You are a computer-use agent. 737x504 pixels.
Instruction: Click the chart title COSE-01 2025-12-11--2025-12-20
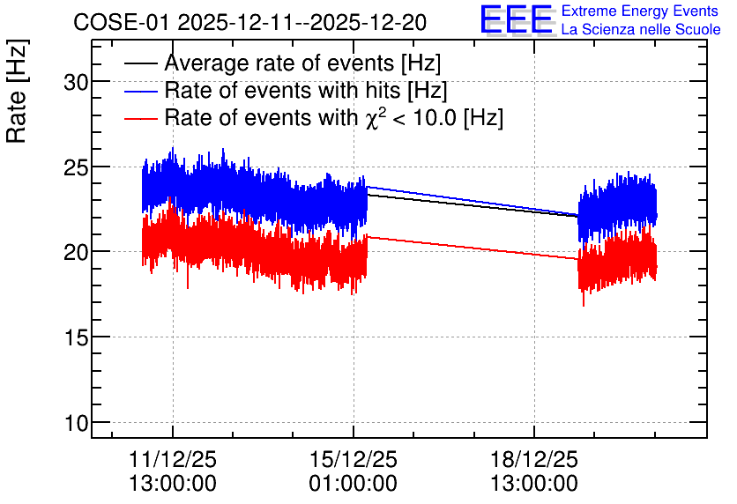click(249, 22)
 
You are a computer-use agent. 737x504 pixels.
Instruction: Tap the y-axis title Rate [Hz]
click(17, 92)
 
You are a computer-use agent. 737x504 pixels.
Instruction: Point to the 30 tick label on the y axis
click(76, 83)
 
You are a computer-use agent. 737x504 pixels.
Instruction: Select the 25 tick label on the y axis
click(76, 168)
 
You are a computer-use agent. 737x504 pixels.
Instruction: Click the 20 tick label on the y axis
click(76, 253)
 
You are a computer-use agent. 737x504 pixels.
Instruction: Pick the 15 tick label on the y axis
click(76, 338)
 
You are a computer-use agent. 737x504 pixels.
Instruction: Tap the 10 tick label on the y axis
click(76, 423)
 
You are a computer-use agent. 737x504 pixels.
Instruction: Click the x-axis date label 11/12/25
click(173, 459)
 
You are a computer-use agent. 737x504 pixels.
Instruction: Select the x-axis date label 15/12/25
click(353, 459)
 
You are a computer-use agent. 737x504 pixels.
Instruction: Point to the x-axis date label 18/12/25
click(534, 459)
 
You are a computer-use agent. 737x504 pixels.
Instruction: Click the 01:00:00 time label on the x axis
click(353, 484)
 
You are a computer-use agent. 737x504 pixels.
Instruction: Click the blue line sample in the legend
click(140, 91)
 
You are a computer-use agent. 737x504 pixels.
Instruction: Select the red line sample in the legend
click(140, 118)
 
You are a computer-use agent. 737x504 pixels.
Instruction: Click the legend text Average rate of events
click(279, 63)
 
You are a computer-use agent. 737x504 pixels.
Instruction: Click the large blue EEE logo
click(517, 19)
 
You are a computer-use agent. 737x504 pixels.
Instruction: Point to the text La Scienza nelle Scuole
click(641, 30)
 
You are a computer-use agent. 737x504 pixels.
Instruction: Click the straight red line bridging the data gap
click(473, 248)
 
